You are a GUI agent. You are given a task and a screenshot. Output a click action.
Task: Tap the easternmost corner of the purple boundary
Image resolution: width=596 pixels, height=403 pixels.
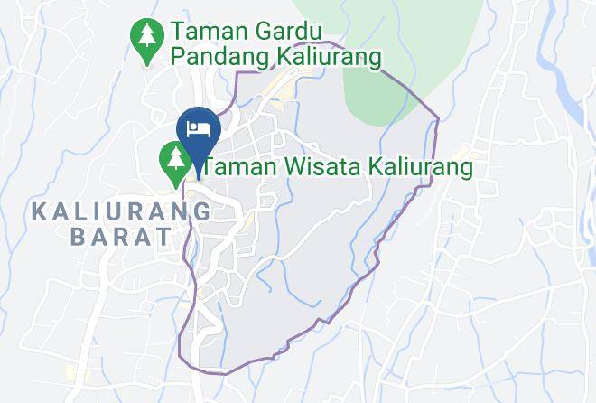point(438,118)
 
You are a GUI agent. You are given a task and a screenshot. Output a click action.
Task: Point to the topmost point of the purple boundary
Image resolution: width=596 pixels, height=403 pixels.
point(335,42)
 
